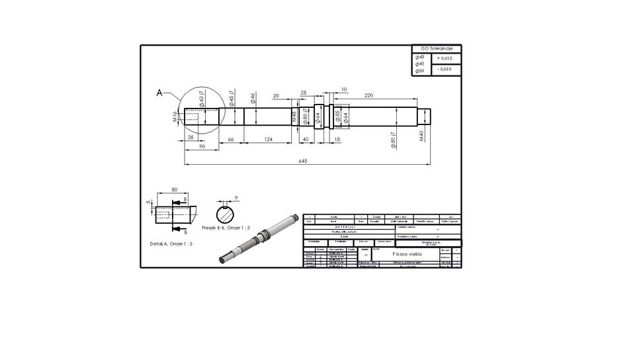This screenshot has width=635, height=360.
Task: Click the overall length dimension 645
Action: tap(304, 161)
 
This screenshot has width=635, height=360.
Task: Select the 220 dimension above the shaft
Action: tap(368, 96)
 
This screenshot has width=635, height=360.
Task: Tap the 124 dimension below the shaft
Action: tap(268, 139)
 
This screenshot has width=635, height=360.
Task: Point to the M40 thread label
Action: tap(421, 137)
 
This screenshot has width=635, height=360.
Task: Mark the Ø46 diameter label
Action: tap(253, 99)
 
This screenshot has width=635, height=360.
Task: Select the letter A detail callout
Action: tap(159, 93)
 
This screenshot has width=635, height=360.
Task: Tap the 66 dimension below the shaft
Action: tap(231, 139)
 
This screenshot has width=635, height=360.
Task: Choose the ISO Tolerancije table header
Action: tap(436, 49)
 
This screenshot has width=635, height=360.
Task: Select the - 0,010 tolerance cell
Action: tap(446, 69)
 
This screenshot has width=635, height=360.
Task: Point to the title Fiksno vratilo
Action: tap(405, 253)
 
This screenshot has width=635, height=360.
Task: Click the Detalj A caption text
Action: tap(171, 244)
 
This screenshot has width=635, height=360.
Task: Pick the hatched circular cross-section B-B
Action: tap(226, 214)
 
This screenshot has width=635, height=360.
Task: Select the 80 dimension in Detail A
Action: tap(175, 190)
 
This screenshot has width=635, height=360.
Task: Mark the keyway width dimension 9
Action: tap(236, 197)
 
